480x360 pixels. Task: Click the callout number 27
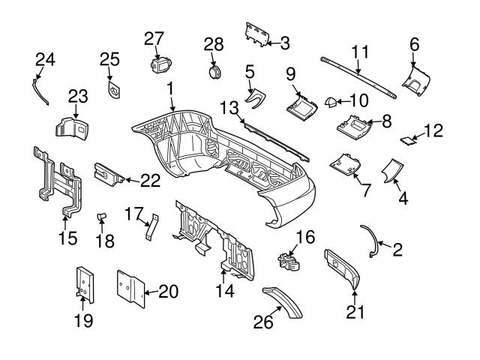(x=154, y=38)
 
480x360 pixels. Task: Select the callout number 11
(x=361, y=52)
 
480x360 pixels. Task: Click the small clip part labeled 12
(x=406, y=139)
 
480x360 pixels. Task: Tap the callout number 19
(x=83, y=321)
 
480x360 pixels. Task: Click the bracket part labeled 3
(x=257, y=33)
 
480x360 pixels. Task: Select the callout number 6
(x=414, y=45)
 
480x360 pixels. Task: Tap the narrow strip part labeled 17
(x=152, y=226)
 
